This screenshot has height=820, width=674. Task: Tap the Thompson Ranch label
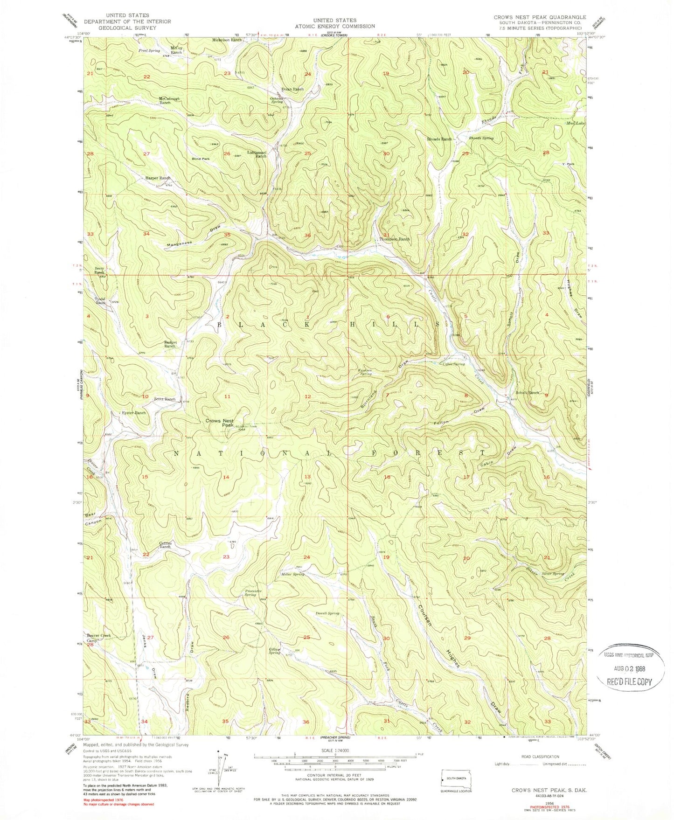click(x=394, y=239)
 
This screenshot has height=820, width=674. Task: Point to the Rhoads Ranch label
click(x=439, y=139)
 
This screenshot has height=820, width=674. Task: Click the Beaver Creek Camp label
click(x=98, y=638)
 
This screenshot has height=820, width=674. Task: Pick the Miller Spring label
click(x=293, y=574)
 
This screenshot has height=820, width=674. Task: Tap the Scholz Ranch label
click(x=527, y=393)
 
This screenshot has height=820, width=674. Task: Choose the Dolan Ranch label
click(x=292, y=89)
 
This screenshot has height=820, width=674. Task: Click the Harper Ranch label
click(x=158, y=178)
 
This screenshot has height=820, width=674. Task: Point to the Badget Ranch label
click(x=170, y=344)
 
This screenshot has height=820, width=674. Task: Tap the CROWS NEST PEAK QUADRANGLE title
click(x=540, y=17)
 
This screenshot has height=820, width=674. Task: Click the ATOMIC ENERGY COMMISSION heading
click(x=334, y=26)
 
